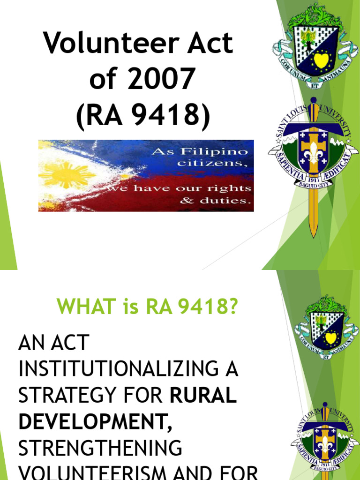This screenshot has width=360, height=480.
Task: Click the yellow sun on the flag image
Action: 61,175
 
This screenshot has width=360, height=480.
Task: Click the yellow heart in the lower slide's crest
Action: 331,337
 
